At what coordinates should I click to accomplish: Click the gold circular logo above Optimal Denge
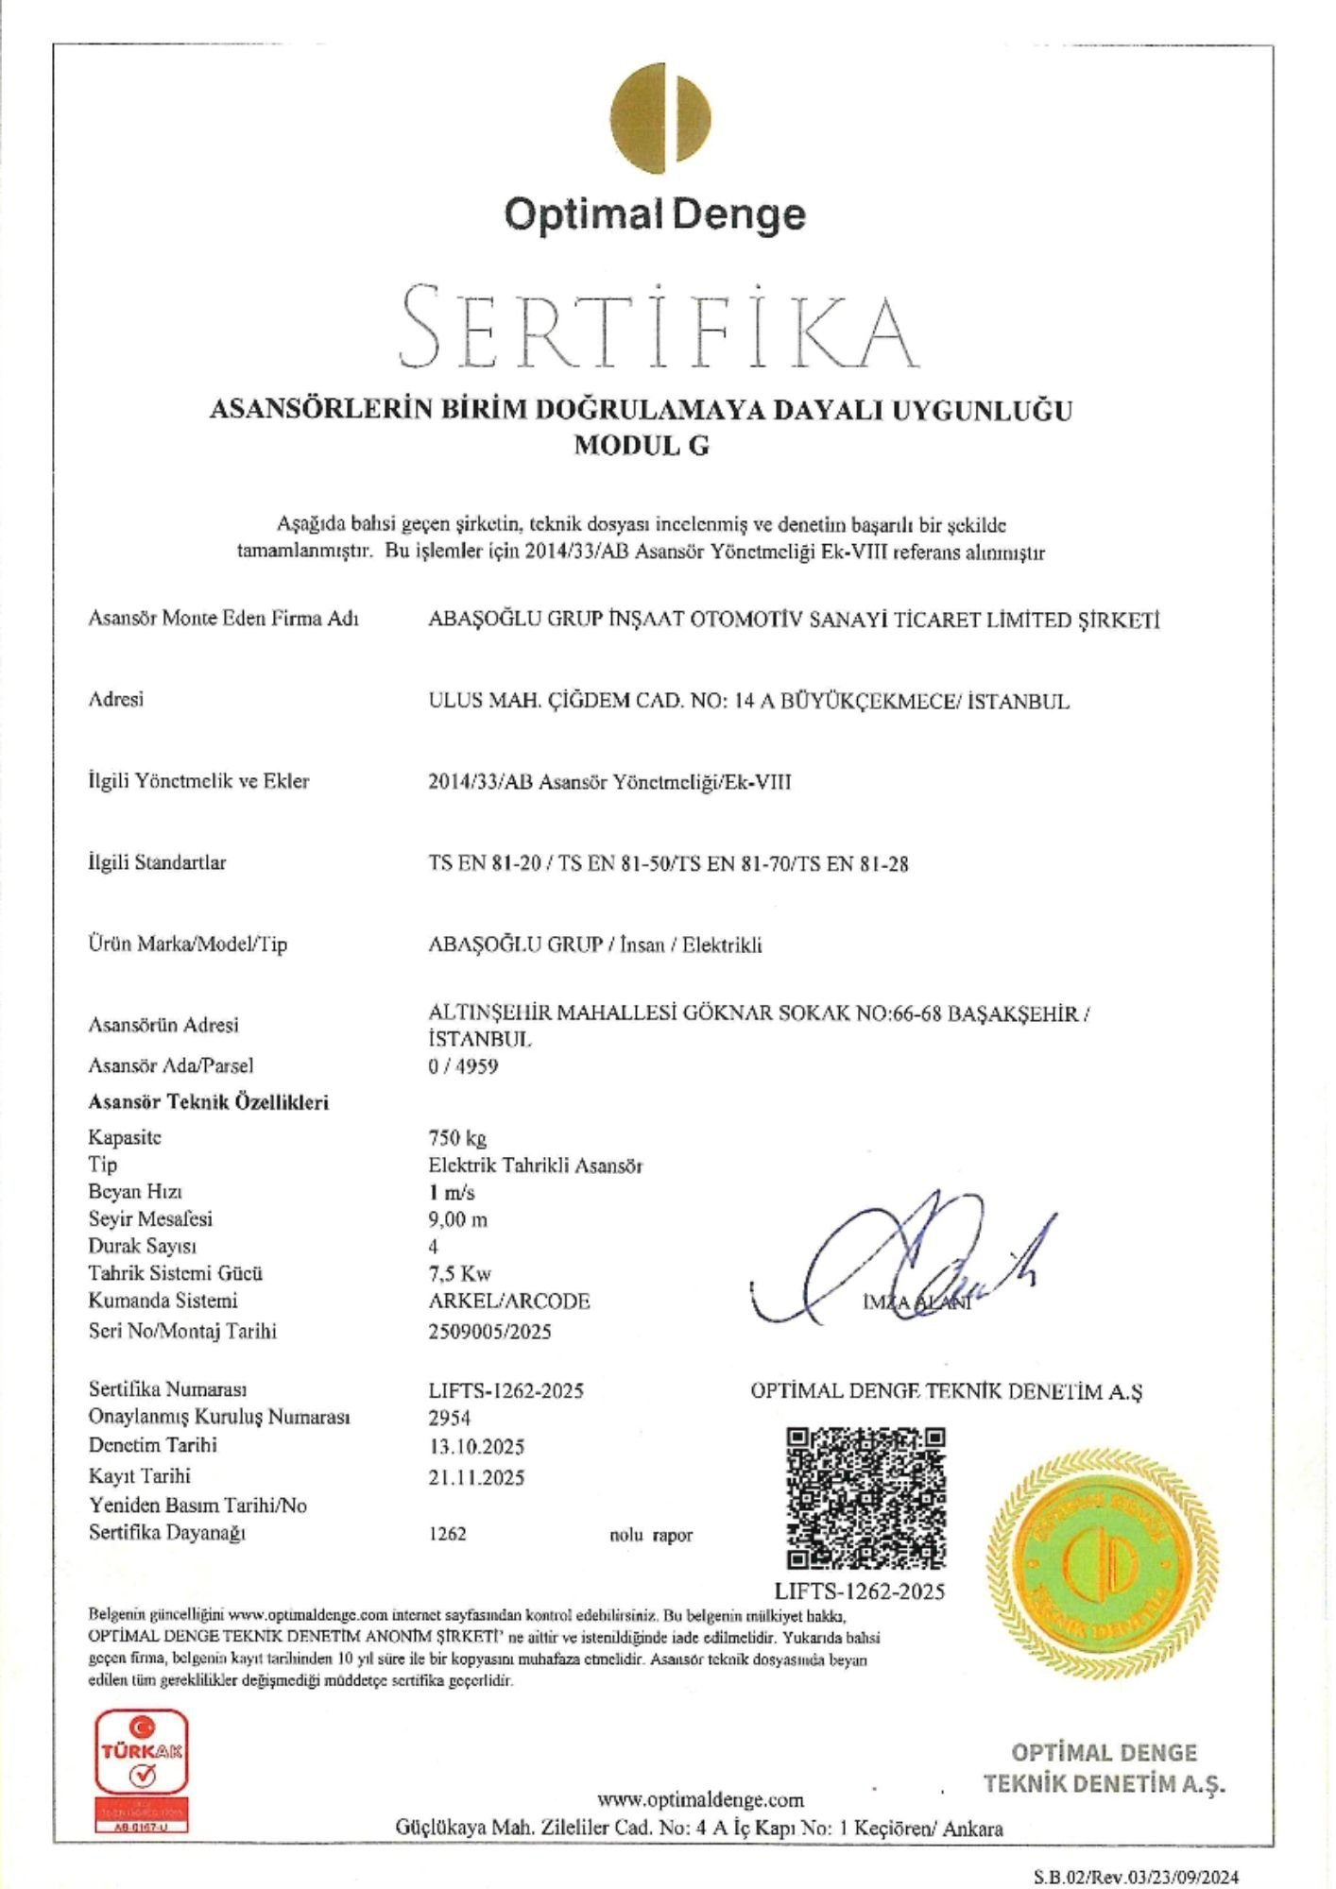click(x=660, y=113)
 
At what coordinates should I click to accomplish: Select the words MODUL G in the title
click(x=642, y=446)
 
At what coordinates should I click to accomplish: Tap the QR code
click(x=866, y=1498)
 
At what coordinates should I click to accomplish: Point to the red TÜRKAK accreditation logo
click(x=144, y=1774)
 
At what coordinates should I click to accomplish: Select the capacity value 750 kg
click(x=457, y=1138)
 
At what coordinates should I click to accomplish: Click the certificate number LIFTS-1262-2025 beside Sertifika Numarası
click(x=505, y=1390)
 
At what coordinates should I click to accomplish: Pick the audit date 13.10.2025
click(x=476, y=1447)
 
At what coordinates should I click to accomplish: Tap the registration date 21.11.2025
click(x=476, y=1477)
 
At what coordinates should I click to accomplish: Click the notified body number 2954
click(x=450, y=1418)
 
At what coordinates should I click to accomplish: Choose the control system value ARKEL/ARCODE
click(x=509, y=1302)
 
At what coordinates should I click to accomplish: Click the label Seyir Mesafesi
click(x=150, y=1219)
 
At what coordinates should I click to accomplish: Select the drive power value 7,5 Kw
click(x=460, y=1273)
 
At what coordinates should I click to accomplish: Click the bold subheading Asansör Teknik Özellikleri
click(x=209, y=1102)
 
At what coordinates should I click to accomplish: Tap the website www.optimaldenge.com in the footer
click(x=700, y=1799)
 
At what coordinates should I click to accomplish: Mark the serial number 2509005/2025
click(x=489, y=1332)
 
